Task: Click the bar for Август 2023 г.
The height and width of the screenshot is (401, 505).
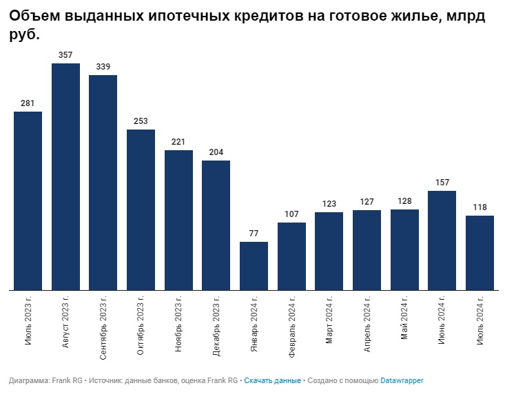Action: point(65,177)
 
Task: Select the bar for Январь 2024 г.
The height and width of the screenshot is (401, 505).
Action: point(254,266)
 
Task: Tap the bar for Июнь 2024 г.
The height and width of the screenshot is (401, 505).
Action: point(442,240)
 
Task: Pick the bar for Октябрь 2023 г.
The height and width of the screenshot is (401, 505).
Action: point(141,210)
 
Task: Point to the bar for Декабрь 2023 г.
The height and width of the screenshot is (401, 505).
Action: point(216,225)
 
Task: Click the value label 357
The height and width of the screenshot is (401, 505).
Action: point(65,54)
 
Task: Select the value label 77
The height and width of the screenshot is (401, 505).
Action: point(254,233)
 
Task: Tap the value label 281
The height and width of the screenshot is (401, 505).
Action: point(28,103)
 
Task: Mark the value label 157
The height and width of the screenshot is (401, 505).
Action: point(442,182)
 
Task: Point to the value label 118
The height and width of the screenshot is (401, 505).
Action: point(480,207)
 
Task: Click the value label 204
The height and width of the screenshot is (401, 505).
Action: point(216,152)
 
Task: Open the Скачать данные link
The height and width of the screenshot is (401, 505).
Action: point(272,380)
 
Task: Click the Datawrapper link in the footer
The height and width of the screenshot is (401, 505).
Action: point(402,380)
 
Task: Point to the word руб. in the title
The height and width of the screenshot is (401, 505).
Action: point(24,34)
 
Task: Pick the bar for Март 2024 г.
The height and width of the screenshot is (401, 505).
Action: point(329,251)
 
